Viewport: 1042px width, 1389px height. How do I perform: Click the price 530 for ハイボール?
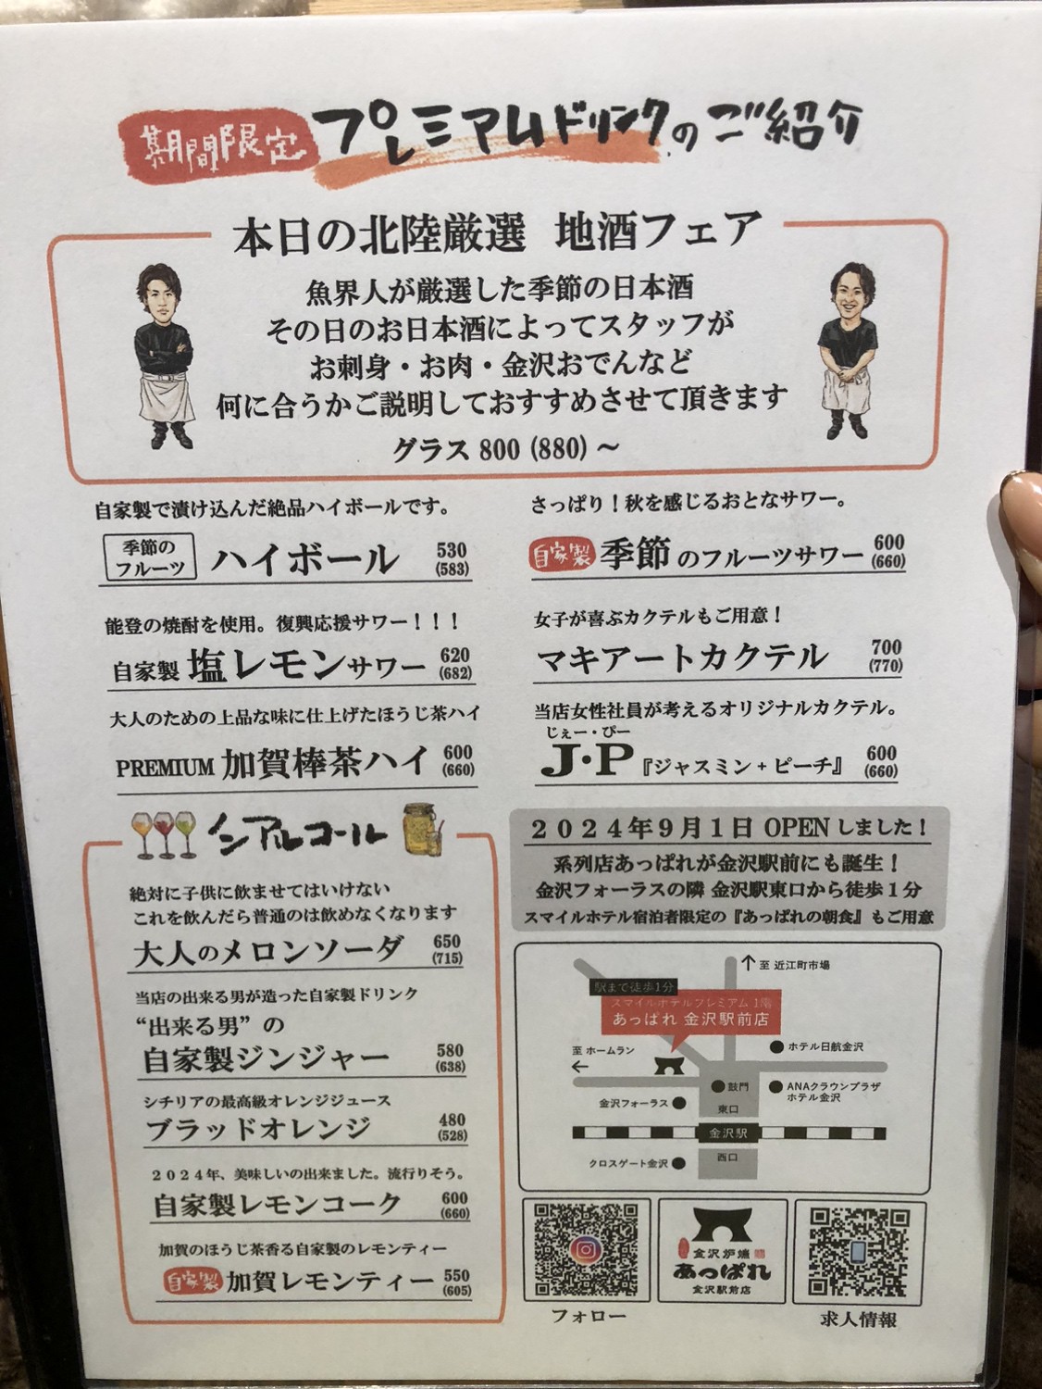[452, 550]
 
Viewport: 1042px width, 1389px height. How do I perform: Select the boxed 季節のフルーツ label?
[149, 557]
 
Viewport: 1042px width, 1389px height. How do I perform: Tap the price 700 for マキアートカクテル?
[886, 647]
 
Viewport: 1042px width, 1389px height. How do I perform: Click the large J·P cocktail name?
[588, 762]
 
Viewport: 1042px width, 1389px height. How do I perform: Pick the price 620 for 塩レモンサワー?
[455, 655]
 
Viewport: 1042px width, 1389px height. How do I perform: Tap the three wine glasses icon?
[165, 834]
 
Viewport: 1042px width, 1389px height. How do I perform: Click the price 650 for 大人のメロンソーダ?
[446, 941]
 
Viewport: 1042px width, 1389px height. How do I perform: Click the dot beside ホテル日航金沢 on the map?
[775, 1046]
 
